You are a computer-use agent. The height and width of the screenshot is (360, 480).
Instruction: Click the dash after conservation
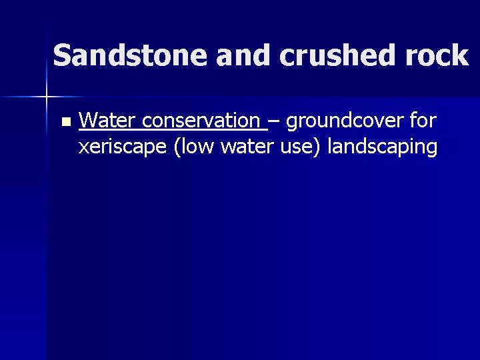pos(274,122)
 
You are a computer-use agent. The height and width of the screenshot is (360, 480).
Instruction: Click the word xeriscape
pos(123,147)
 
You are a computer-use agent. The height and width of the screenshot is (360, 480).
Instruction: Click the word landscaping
pos(383,147)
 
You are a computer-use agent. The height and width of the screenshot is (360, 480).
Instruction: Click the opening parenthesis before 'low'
pos(176,147)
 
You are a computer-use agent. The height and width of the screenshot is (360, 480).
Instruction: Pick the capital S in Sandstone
pos(61,56)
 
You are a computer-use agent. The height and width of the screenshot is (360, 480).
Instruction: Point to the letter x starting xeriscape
pos(83,148)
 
